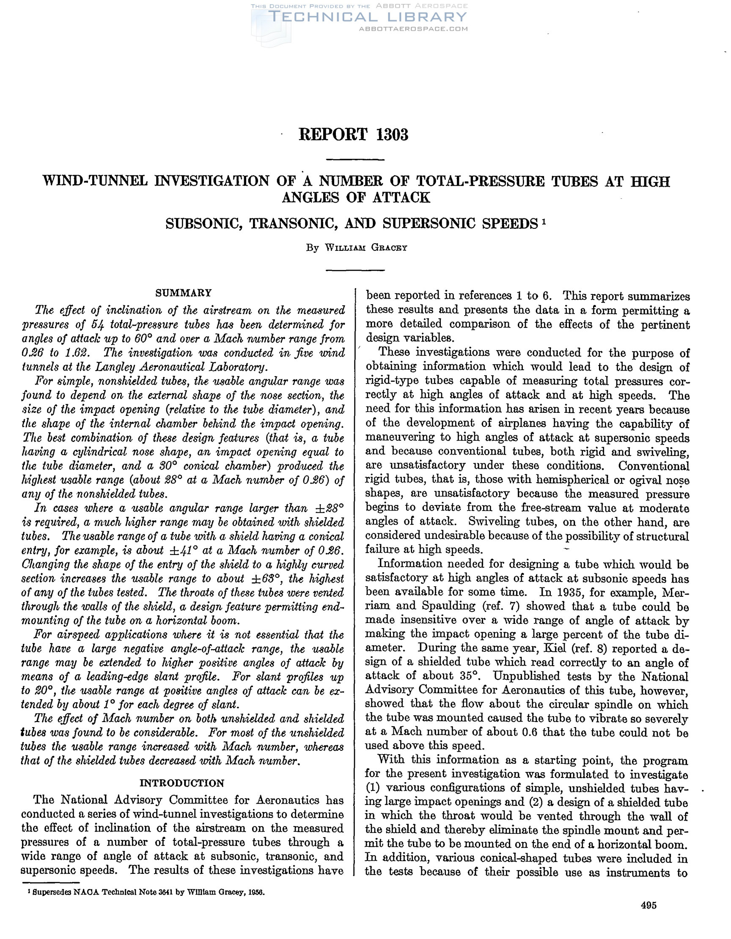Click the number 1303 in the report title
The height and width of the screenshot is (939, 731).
click(x=392, y=135)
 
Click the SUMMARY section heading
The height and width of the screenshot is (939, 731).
click(x=184, y=293)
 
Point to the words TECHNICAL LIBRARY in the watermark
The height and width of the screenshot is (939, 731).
click(x=367, y=17)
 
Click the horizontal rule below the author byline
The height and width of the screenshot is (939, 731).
click(x=355, y=270)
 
